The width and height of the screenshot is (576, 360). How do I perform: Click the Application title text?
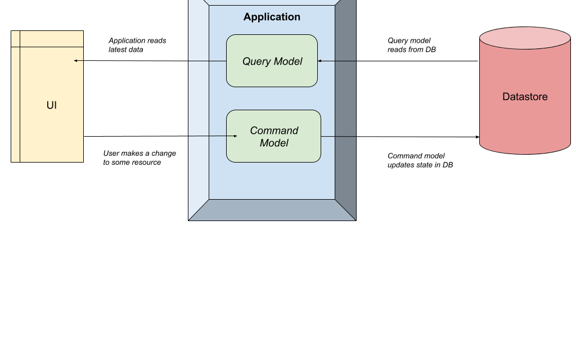click(x=272, y=17)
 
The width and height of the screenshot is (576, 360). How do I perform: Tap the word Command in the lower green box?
click(x=274, y=130)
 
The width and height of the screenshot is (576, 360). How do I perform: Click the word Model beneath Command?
click(x=274, y=143)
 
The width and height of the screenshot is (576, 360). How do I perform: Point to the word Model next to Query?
click(x=288, y=61)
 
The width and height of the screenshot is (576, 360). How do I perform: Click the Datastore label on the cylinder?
click(x=525, y=97)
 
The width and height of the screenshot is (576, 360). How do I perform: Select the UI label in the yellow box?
click(x=52, y=105)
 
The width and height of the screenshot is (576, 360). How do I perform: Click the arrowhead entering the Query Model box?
click(x=319, y=61)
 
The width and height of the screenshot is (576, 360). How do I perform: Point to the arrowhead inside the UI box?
click(x=75, y=61)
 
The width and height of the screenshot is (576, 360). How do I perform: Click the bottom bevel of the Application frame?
click(x=272, y=210)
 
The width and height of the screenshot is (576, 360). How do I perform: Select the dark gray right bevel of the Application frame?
click(x=345, y=107)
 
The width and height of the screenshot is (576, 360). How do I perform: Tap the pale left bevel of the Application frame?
click(x=198, y=107)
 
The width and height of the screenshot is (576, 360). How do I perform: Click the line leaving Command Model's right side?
click(x=338, y=136)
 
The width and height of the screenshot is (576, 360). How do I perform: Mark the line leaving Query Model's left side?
click(x=207, y=61)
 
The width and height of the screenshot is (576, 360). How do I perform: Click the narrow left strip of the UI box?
click(x=16, y=101)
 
